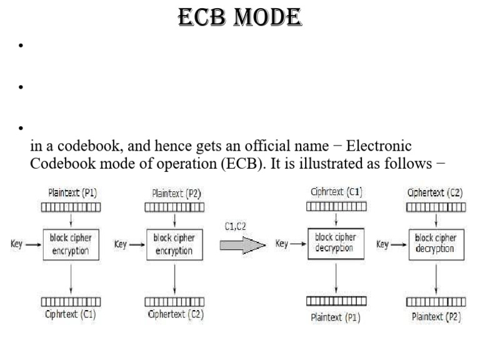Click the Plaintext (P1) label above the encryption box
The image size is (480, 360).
click(x=71, y=194)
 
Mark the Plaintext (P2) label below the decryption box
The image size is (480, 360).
click(x=436, y=317)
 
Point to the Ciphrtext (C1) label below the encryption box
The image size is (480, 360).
click(x=71, y=314)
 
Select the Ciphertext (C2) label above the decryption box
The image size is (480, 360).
click(x=435, y=193)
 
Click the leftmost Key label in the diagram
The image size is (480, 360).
click(x=17, y=244)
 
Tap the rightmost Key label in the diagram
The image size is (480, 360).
click(x=383, y=244)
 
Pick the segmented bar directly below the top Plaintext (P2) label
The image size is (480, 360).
click(x=174, y=207)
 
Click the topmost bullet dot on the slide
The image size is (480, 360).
click(x=21, y=46)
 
